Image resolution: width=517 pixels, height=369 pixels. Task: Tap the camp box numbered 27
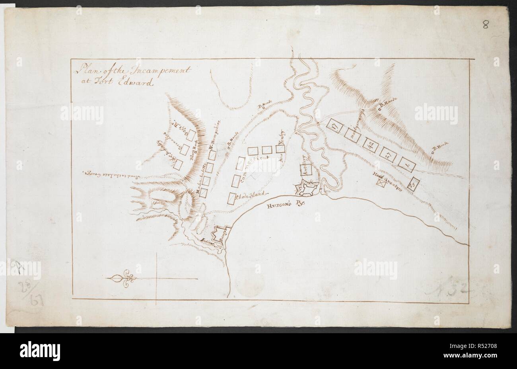(x=389, y=154)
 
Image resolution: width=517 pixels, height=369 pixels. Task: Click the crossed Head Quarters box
(x=381, y=182)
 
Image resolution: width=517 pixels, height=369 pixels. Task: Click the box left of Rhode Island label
(x=231, y=198)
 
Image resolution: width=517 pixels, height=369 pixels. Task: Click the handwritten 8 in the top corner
(x=486, y=25)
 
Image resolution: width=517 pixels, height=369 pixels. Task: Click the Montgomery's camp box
(x=355, y=135)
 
